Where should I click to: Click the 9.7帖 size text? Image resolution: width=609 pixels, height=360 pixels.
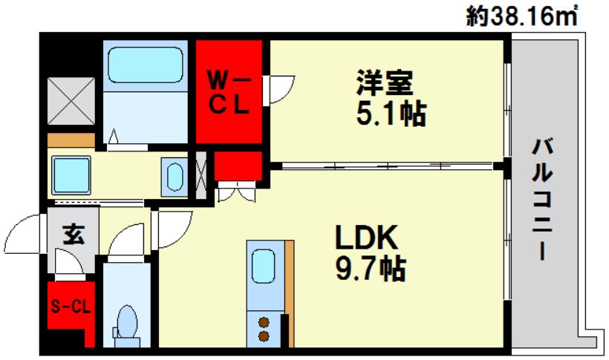[369, 268]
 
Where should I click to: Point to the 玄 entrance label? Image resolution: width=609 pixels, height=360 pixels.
[72, 235]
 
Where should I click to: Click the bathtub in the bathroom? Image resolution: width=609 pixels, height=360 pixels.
[146, 66]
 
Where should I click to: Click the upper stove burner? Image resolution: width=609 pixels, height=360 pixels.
[263, 321]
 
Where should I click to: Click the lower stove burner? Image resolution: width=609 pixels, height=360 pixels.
[263, 336]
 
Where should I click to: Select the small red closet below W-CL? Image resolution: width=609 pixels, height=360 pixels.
[238, 168]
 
